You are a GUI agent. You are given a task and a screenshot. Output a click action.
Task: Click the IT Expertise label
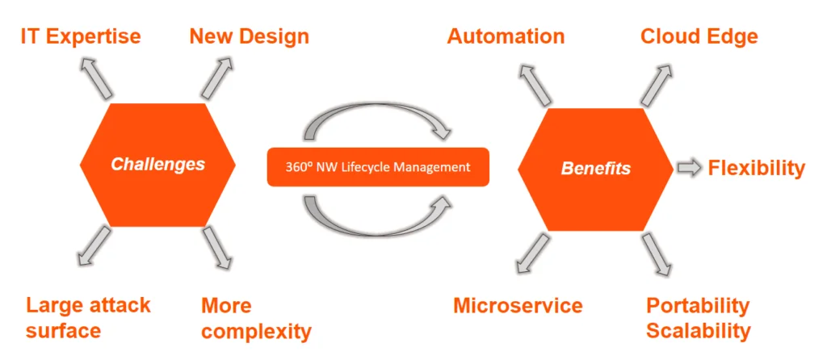tap(80, 36)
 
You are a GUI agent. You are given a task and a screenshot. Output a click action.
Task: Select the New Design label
tap(249, 36)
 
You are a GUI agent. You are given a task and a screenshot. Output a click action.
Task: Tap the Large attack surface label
tap(88, 317)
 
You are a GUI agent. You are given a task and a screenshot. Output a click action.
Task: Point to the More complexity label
tap(256, 318)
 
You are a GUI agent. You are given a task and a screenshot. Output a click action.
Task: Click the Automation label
tap(506, 36)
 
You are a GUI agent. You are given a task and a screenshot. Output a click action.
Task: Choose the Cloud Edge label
tap(699, 36)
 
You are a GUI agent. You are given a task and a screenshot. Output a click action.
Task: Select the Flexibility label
tap(757, 168)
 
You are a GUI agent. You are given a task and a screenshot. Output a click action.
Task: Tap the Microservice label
tap(518, 305)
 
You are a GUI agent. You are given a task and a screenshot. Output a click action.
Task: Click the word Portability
tap(698, 306)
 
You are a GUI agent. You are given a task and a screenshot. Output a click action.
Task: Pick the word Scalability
tap(699, 331)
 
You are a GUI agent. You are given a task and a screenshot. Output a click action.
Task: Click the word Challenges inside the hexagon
tap(158, 165)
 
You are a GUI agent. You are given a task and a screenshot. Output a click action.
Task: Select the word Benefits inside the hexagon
tap(596, 169)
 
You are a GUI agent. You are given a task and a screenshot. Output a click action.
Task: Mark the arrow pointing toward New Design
tap(216, 77)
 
